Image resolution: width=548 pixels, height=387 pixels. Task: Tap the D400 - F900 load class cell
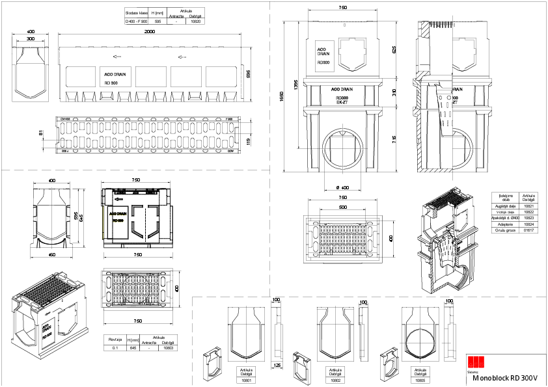(x=137, y=21)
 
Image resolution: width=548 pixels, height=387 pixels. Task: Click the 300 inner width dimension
(x=30, y=39)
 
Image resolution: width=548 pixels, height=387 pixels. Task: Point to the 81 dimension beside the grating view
(x=40, y=133)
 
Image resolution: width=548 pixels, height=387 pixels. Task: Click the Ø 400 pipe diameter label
(x=342, y=188)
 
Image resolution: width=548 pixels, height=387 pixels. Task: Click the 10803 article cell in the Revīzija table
(x=168, y=348)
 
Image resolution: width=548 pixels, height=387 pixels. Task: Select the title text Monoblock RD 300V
(x=505, y=377)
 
